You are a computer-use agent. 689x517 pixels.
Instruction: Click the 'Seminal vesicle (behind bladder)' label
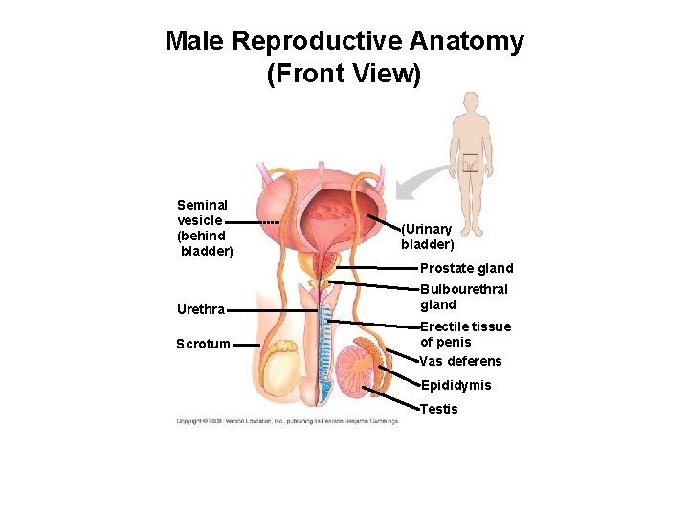pyautogui.click(x=203, y=228)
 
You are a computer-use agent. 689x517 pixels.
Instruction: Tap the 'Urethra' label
pyautogui.click(x=201, y=309)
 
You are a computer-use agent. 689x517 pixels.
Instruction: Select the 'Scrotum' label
pyautogui.click(x=203, y=344)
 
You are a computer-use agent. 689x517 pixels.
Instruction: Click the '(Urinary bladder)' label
pyautogui.click(x=427, y=236)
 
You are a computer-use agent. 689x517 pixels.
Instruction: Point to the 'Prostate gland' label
pyautogui.click(x=467, y=268)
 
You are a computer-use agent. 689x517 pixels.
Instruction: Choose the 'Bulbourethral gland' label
pyautogui.click(x=464, y=297)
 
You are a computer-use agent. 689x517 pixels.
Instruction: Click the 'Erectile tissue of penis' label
pyautogui.click(x=465, y=334)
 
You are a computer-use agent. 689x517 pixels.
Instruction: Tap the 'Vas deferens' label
pyautogui.click(x=460, y=361)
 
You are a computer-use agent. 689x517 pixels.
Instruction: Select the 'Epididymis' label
pyautogui.click(x=456, y=385)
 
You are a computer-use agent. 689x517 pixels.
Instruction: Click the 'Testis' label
pyautogui.click(x=439, y=409)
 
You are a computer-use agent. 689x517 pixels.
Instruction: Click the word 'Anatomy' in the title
pyautogui.click(x=466, y=42)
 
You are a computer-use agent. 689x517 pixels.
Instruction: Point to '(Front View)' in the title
pyautogui.click(x=344, y=74)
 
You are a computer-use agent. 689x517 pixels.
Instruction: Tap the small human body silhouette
pyautogui.click(x=471, y=153)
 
